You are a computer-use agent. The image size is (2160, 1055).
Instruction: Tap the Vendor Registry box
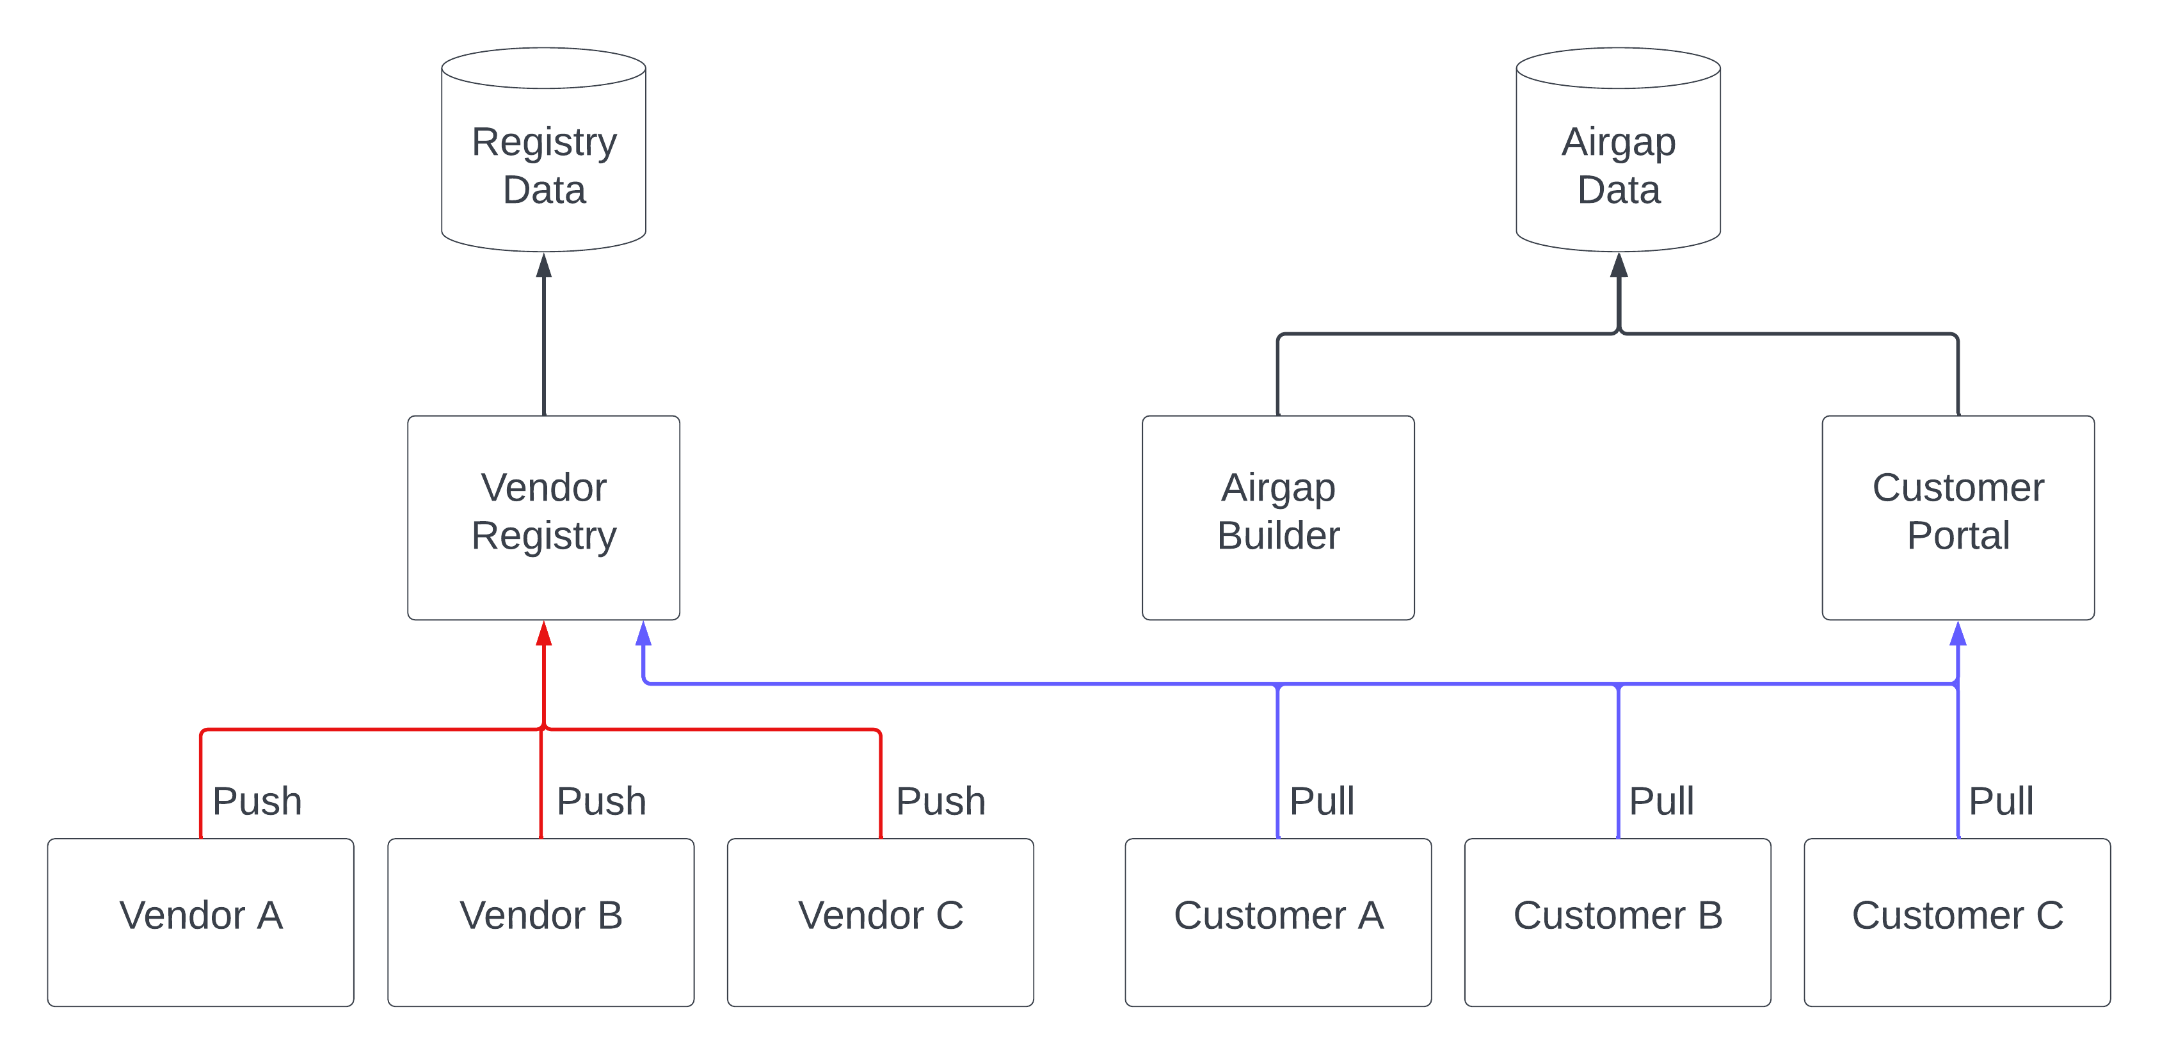pos(543,517)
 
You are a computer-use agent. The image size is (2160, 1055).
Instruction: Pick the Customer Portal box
pos(1957,517)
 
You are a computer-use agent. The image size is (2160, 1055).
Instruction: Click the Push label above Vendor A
pos(257,801)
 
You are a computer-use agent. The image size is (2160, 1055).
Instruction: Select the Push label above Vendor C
pos(940,801)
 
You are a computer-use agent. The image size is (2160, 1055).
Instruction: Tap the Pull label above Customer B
pos(1660,801)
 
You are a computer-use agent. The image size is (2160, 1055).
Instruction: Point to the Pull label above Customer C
pos(2000,801)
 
